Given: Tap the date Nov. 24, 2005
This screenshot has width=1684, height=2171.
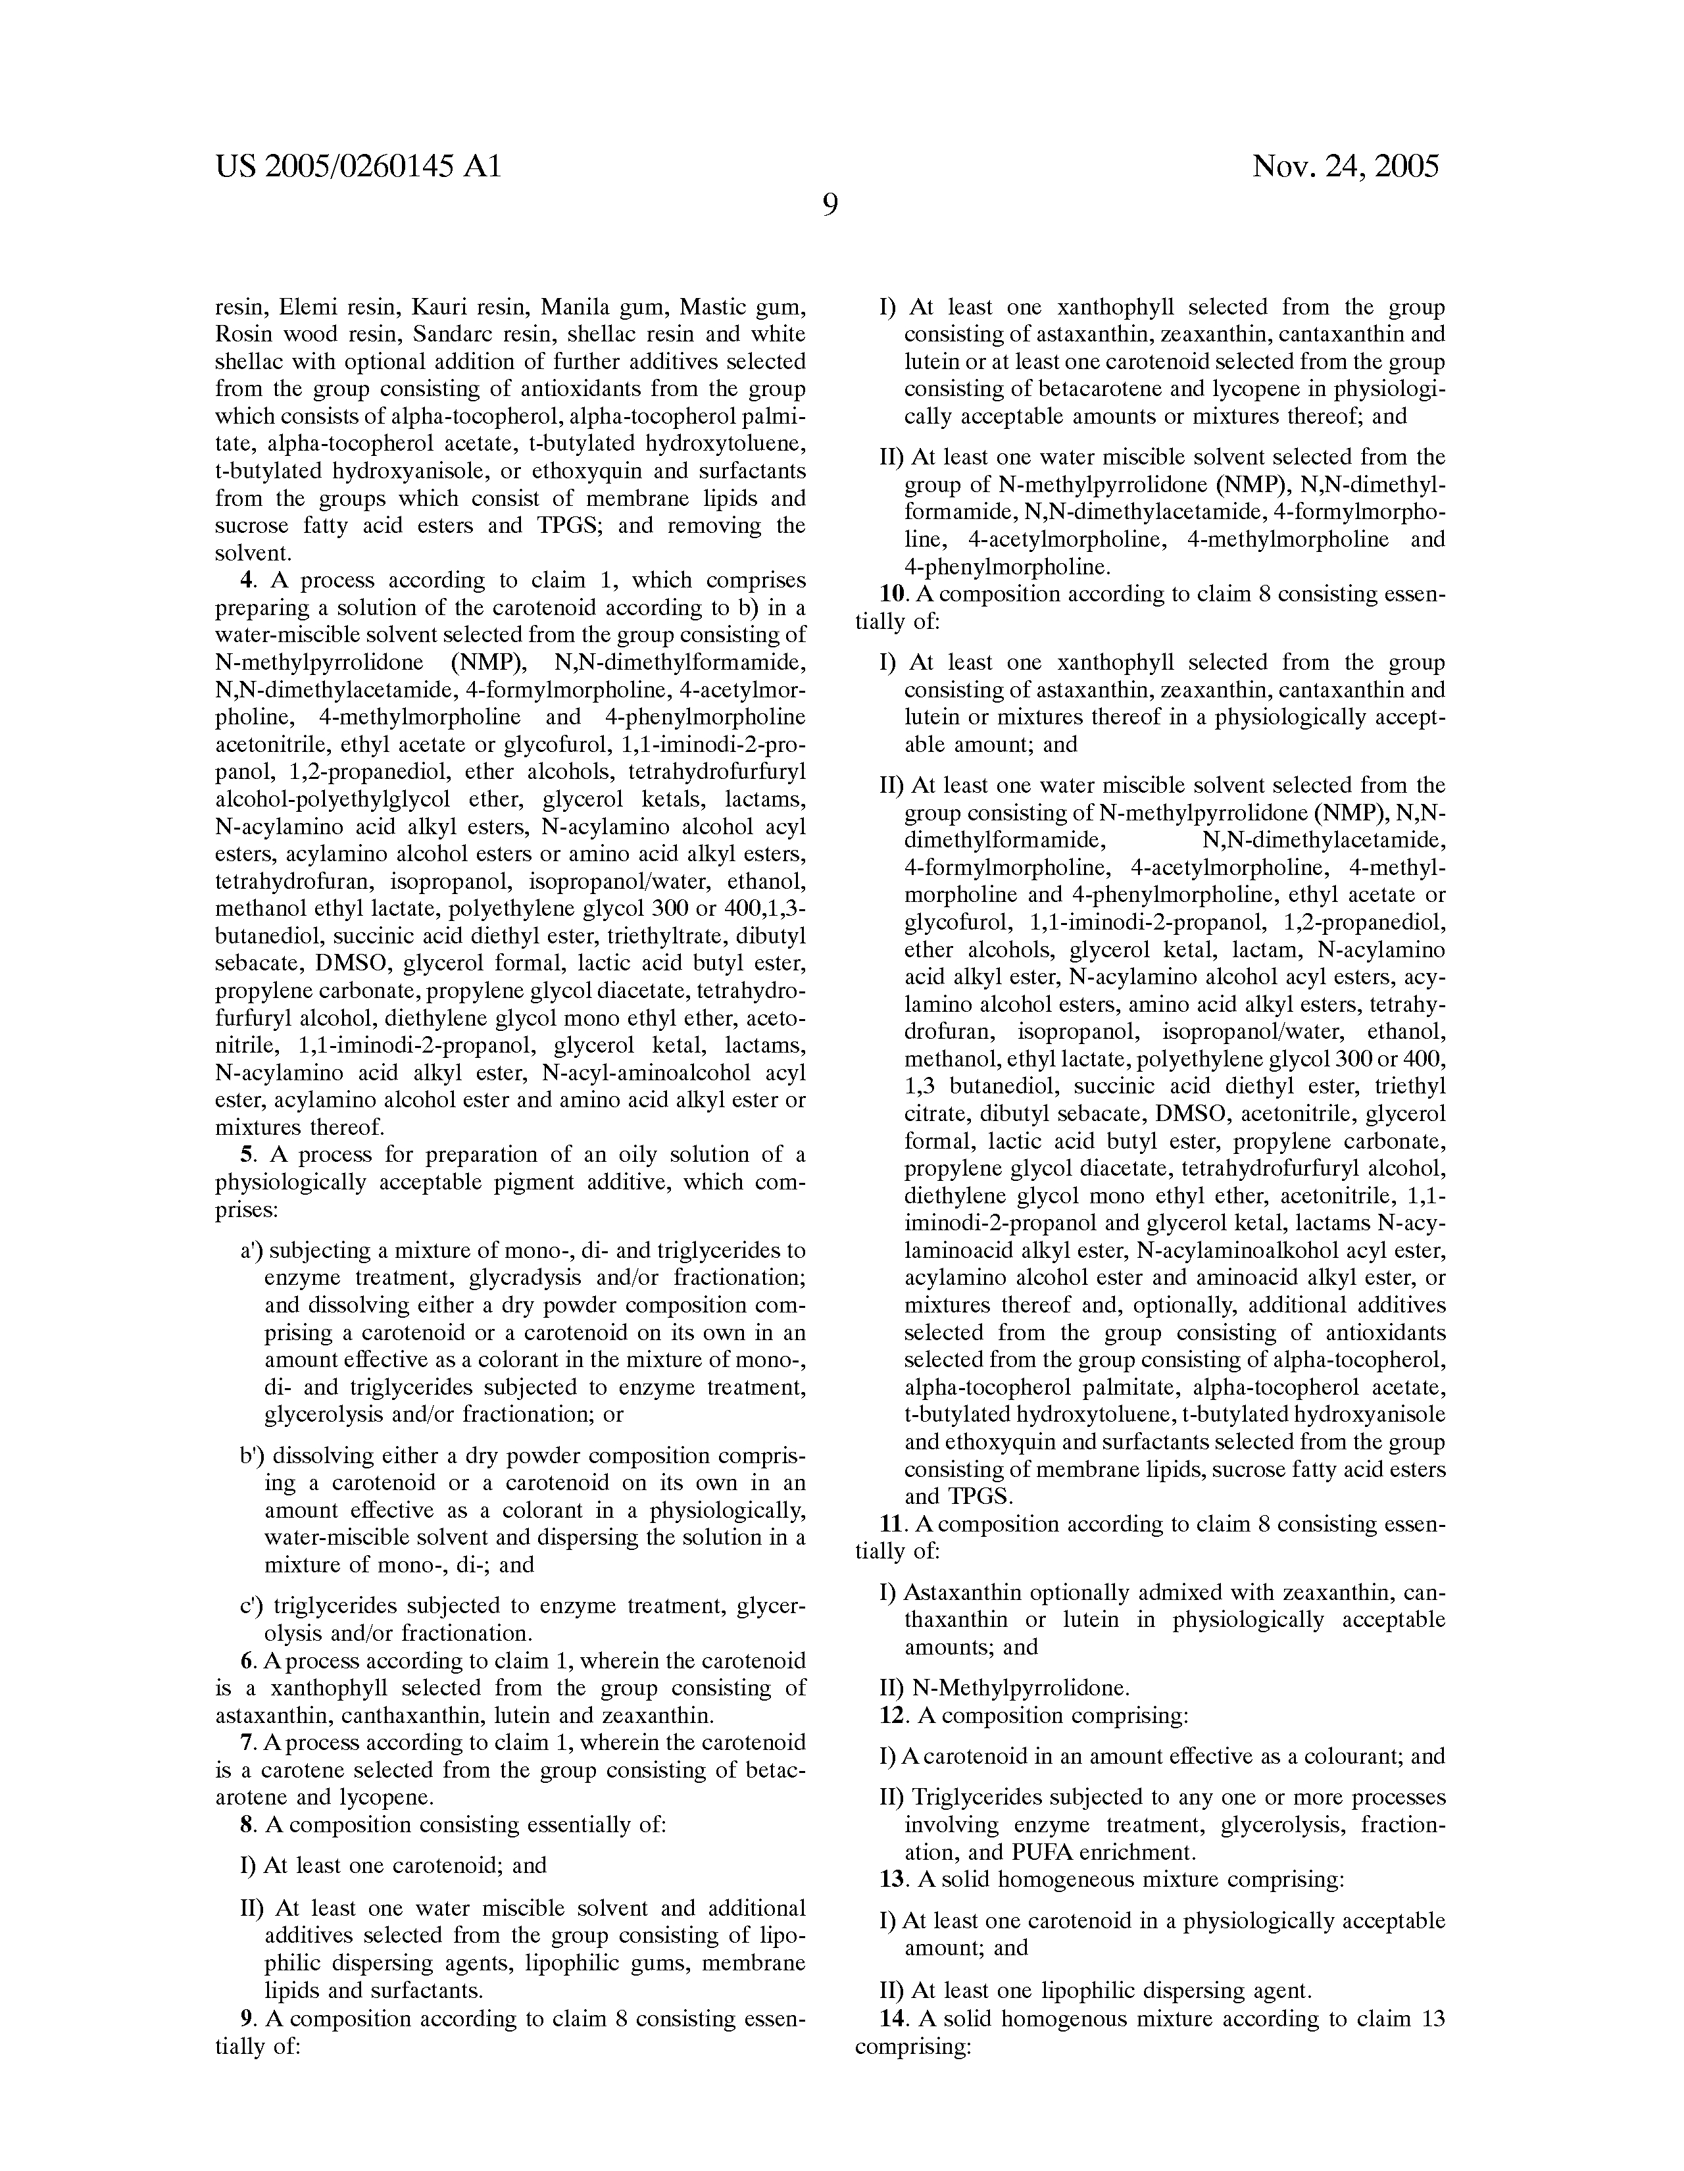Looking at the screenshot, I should pos(1345,165).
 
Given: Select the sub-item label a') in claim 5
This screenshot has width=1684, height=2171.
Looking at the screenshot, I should pos(251,1251).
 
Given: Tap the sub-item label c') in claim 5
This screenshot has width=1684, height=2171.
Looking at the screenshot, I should pos(251,1605).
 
